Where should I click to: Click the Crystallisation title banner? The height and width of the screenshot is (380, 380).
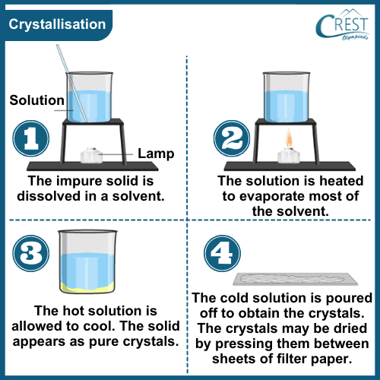tap(59, 25)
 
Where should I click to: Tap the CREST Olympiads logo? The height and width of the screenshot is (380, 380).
tap(342, 24)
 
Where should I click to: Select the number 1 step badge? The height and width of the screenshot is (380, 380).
tap(31, 138)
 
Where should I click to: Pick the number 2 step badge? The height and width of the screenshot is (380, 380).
tap(232, 138)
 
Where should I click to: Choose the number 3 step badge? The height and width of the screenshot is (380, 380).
tap(31, 253)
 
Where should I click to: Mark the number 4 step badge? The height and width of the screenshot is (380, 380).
tap(222, 253)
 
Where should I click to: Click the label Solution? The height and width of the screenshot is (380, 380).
tap(36, 100)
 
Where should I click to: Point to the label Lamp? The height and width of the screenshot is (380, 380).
tap(156, 154)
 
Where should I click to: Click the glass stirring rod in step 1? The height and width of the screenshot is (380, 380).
tap(71, 83)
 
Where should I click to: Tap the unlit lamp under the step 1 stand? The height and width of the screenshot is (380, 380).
tap(91, 155)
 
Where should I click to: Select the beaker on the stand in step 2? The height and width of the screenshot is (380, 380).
tap(287, 97)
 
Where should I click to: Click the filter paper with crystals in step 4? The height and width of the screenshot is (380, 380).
tap(295, 279)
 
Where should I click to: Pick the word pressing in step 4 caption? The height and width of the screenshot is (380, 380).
tap(244, 344)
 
